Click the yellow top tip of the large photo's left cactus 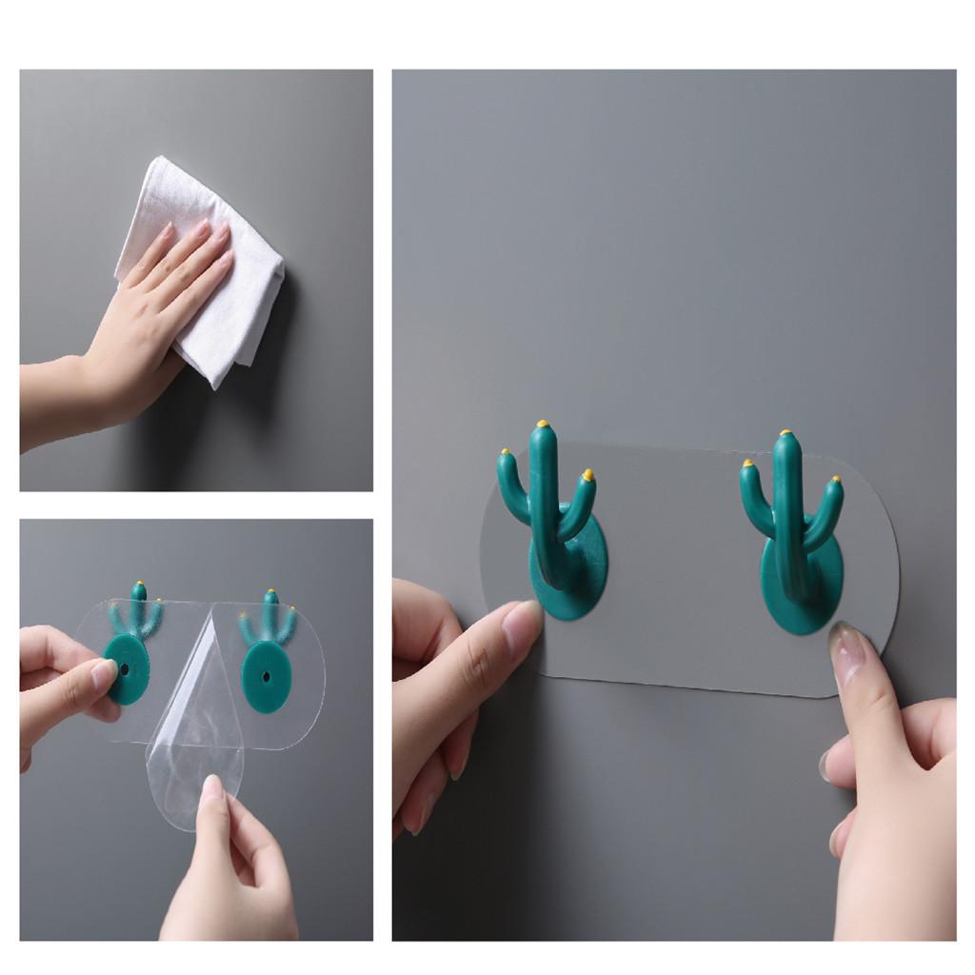click(x=543, y=424)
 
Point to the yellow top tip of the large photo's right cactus click(x=786, y=433)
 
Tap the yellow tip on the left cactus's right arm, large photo click(x=587, y=474)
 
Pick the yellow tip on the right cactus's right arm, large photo click(x=838, y=481)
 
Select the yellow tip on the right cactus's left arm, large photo click(x=746, y=465)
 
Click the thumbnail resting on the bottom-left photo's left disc click(x=103, y=677)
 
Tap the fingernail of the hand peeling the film click(x=212, y=788)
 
